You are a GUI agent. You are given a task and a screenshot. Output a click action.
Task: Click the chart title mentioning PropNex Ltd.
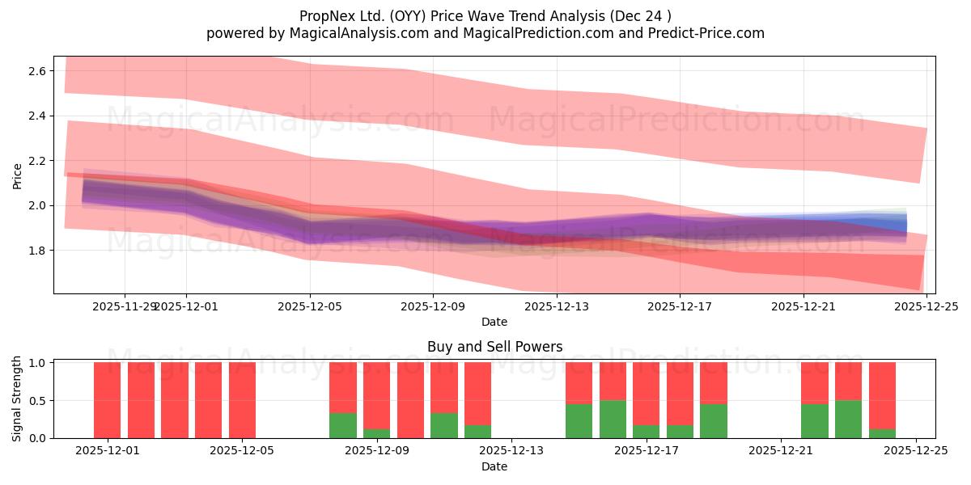485,15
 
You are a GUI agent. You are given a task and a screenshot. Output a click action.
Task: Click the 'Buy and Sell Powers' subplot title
494,347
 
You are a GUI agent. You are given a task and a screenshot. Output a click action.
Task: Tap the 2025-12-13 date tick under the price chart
557,306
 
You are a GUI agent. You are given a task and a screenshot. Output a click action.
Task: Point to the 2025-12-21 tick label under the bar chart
781,451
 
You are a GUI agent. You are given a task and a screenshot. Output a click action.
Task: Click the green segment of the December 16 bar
613,420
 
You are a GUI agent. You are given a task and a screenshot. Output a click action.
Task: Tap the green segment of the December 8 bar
343,425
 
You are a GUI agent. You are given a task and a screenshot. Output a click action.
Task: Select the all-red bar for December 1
108,400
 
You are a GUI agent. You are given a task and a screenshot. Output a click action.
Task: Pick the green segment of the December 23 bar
848,420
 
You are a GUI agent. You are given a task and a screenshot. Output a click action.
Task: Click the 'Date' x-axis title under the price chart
494,322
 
